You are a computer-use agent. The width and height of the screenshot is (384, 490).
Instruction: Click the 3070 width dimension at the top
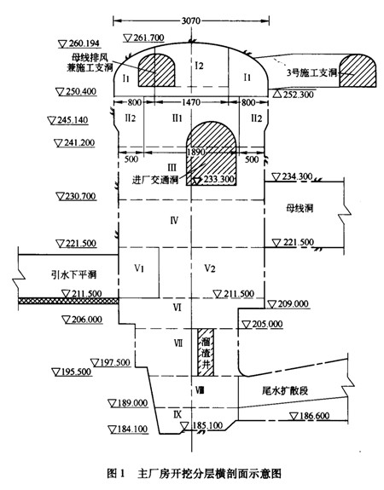click(x=190, y=21)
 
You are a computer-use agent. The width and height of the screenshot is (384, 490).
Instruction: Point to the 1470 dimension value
click(x=190, y=102)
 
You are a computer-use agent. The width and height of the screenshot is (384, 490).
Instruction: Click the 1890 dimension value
click(x=196, y=152)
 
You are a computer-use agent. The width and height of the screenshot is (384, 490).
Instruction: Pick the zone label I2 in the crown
click(x=200, y=66)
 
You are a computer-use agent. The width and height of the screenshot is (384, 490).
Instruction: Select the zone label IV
click(x=174, y=221)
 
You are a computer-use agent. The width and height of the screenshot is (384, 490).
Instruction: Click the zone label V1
click(x=139, y=268)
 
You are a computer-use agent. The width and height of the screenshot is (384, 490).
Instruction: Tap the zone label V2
click(x=210, y=268)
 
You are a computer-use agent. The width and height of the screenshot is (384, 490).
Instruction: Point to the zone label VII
click(x=177, y=343)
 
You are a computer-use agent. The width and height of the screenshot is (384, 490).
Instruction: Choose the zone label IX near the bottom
click(x=177, y=414)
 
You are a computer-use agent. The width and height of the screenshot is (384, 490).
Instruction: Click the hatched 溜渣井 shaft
click(x=206, y=352)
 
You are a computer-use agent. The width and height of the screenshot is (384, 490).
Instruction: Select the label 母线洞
click(x=300, y=208)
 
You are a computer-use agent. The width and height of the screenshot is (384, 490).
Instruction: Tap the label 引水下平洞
click(x=73, y=274)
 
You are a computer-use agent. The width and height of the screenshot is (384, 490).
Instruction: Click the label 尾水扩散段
click(x=285, y=390)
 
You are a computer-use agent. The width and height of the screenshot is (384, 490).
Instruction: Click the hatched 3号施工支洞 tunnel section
click(x=358, y=71)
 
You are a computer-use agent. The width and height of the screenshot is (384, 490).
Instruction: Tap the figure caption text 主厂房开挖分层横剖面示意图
click(x=209, y=473)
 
